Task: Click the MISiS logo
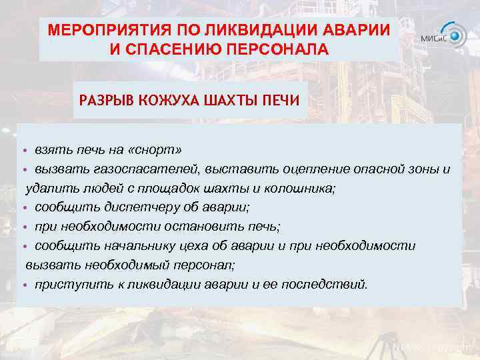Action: tap(443, 35)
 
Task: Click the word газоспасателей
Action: tap(156, 169)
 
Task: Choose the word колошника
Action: tap(303, 188)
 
